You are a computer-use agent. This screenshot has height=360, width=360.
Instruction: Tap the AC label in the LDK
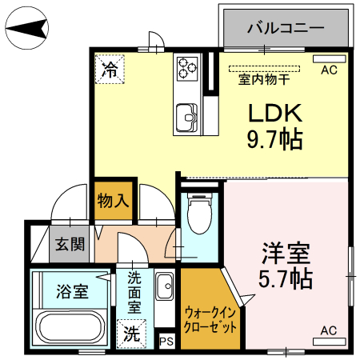click(329, 70)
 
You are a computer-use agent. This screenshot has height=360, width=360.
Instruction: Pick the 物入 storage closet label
click(113, 199)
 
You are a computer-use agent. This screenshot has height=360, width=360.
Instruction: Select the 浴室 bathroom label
click(72, 291)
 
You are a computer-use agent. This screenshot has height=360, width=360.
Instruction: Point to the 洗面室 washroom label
click(134, 293)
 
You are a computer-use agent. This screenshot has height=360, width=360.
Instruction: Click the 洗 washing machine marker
click(130, 334)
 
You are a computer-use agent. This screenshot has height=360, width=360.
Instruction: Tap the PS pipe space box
click(166, 342)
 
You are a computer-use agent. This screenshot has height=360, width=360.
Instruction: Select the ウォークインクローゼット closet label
click(210, 319)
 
